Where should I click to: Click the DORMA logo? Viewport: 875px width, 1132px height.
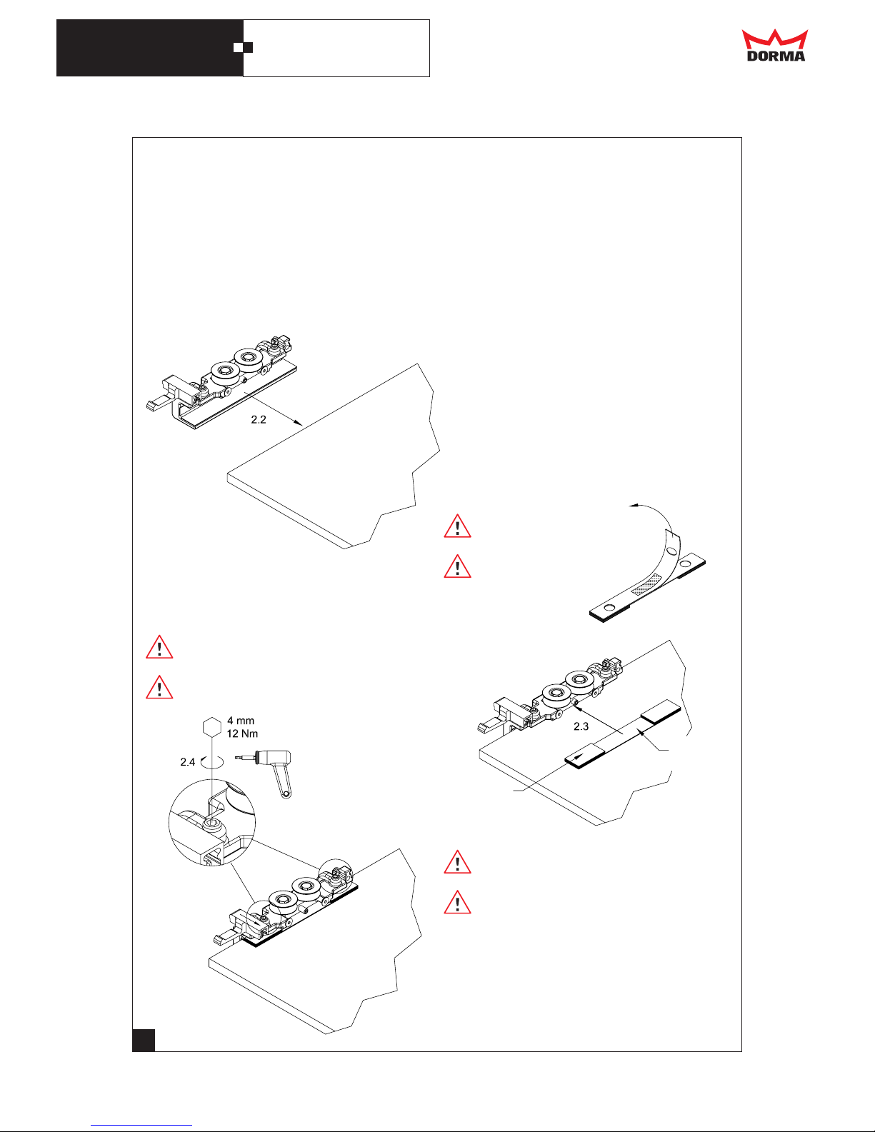pyautogui.click(x=775, y=45)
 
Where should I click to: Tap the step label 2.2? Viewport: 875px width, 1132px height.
pyautogui.click(x=259, y=420)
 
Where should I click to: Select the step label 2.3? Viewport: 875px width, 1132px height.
pyautogui.click(x=581, y=726)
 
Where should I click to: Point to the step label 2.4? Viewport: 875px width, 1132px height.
pyautogui.click(x=187, y=762)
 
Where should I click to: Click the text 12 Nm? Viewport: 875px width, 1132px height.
pyautogui.click(x=242, y=733)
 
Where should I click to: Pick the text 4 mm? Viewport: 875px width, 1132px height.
pyautogui.click(x=241, y=721)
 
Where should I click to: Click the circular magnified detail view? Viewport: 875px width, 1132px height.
pyautogui.click(x=212, y=823)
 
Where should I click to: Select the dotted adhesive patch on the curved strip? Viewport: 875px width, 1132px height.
pyautogui.click(x=646, y=584)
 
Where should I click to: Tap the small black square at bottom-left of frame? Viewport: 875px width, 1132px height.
pyautogui.click(x=144, y=1040)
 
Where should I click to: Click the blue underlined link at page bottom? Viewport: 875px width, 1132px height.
pyautogui.click(x=141, y=1124)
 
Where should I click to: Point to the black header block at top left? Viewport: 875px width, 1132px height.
pyautogui.click(x=150, y=48)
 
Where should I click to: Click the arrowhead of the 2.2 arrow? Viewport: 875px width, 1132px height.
pyautogui.click(x=299, y=423)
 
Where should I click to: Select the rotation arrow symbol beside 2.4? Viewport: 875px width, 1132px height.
pyautogui.click(x=212, y=761)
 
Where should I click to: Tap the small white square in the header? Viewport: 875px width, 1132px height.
pyautogui.click(x=238, y=47)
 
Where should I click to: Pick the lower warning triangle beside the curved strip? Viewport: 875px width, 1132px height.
pyautogui.click(x=457, y=567)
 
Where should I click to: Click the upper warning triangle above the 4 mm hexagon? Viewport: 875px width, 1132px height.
pyautogui.click(x=159, y=647)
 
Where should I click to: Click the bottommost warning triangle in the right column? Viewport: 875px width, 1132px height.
pyautogui.click(x=457, y=903)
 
